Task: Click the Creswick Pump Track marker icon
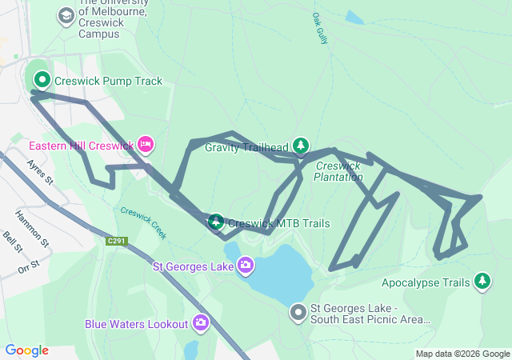coord(42,80)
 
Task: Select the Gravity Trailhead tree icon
coord(301,146)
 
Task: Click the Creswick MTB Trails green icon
coord(216,222)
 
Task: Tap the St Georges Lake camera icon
coord(245,264)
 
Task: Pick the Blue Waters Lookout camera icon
coord(200,323)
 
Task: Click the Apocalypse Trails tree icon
coord(482,281)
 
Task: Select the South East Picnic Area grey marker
coord(298,312)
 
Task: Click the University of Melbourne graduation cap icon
coord(66,15)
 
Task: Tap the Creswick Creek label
coord(144,223)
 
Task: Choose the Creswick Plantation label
coord(338,171)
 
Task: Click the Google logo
coord(26,350)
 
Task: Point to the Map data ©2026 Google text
coord(462,354)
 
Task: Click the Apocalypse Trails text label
coord(426,282)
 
